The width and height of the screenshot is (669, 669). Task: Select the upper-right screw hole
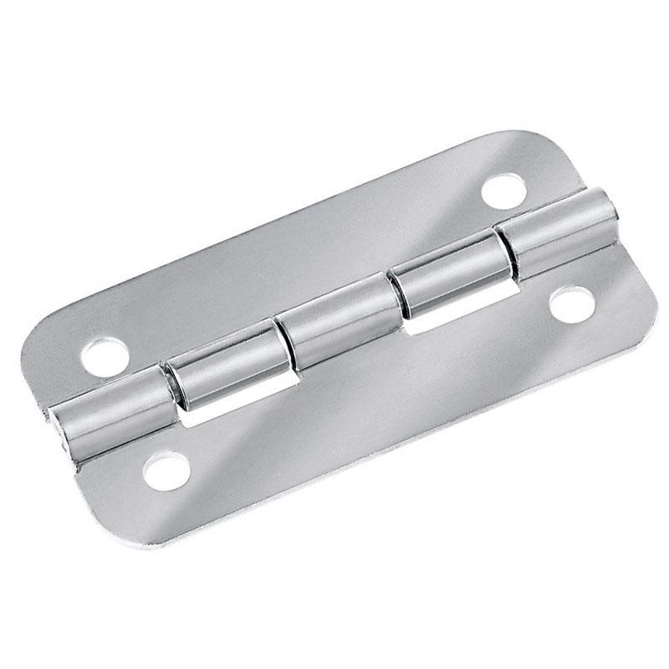click(x=504, y=189)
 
